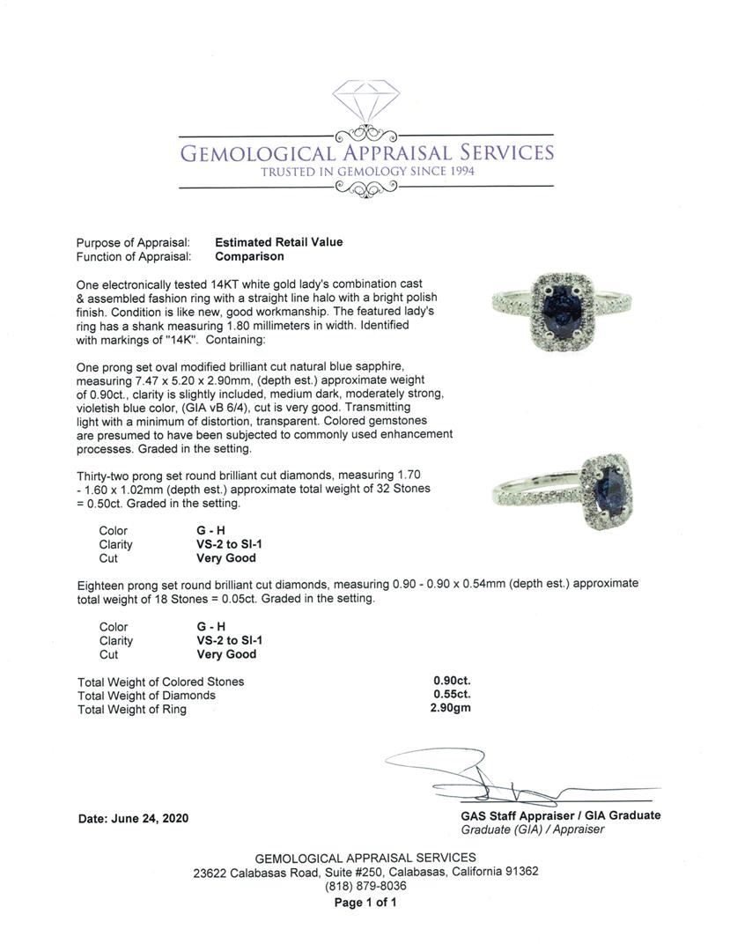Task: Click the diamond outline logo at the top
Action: coord(365,104)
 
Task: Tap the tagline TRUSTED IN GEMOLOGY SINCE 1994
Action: coord(366,171)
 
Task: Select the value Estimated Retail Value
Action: coord(278,242)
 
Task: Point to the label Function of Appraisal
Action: coord(133,256)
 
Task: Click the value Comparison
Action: coord(249,256)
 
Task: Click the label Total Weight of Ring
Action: coord(131,709)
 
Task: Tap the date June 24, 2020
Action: coord(133,818)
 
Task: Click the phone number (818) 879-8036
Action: coord(365,886)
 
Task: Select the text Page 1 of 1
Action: coord(365,903)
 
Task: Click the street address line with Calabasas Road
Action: coord(365,872)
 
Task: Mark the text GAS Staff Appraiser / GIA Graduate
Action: coord(560,815)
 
